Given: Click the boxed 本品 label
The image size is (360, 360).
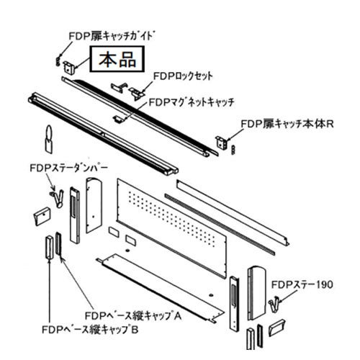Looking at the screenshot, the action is pyautogui.click(x=117, y=59).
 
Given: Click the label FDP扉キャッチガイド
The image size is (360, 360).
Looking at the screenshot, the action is pyautogui.click(x=111, y=36).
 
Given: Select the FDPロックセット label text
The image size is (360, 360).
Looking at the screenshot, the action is pyautogui.click(x=183, y=76).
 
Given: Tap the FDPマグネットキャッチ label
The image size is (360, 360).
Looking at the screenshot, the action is pyautogui.click(x=192, y=102).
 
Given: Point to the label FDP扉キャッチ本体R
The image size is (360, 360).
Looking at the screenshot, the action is pyautogui.click(x=287, y=124).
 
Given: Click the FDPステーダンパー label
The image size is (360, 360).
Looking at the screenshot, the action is pyautogui.click(x=68, y=168).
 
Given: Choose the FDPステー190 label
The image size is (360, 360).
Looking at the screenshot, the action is pyautogui.click(x=302, y=284).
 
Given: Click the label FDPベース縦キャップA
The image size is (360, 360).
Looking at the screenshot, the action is pyautogui.click(x=133, y=315).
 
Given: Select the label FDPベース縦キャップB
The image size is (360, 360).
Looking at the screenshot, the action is pyautogui.click(x=90, y=330).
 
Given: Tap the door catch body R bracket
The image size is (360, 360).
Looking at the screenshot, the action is pyautogui.click(x=221, y=143).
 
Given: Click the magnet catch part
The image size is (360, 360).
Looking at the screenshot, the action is pyautogui.click(x=118, y=119).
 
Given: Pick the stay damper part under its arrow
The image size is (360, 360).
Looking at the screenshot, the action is pyautogui.click(x=58, y=198).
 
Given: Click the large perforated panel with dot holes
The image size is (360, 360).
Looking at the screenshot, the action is pyautogui.click(x=171, y=228).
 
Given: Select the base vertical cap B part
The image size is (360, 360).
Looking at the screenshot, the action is pyautogui.click(x=50, y=247).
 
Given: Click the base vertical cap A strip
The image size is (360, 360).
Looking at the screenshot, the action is pyautogui.click(x=58, y=243).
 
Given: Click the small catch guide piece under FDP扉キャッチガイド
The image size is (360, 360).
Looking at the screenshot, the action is pyautogui.click(x=58, y=61).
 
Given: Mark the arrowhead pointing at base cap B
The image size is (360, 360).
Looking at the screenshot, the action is pyautogui.click(x=50, y=261).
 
